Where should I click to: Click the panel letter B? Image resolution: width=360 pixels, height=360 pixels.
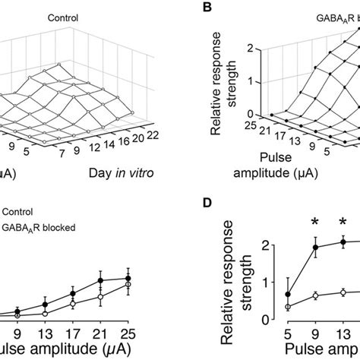pyautogui.click(x=204, y=9)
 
